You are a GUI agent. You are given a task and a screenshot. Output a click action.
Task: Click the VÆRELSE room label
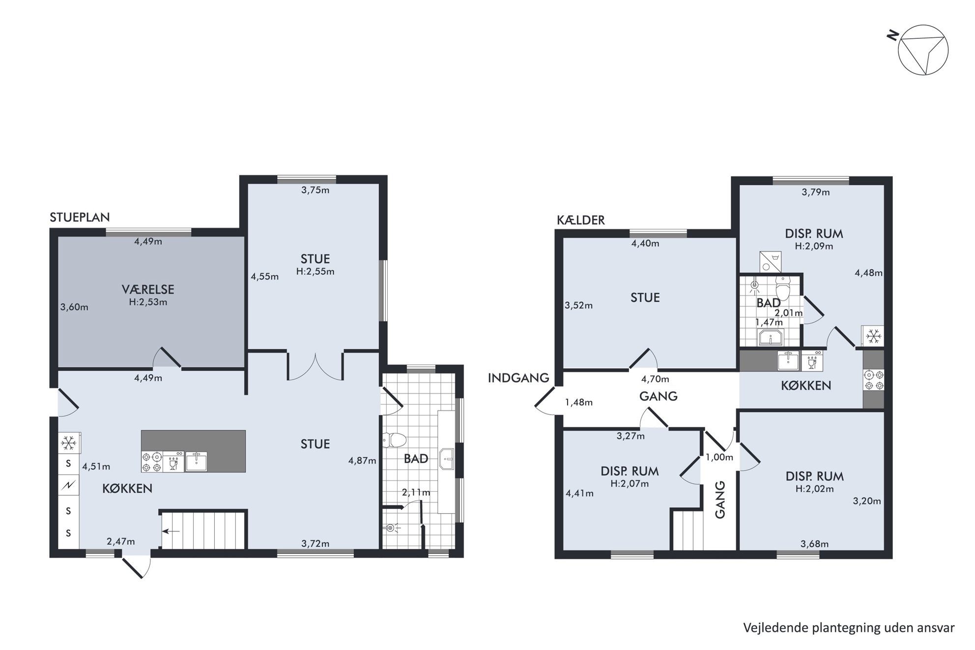[148, 289]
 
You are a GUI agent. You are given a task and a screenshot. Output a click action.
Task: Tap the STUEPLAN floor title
[80, 217]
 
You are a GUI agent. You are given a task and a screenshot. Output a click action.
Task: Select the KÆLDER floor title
[581, 220]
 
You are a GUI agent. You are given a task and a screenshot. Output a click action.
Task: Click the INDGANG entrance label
[518, 378]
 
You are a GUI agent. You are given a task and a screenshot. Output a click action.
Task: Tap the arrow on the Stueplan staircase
[171, 531]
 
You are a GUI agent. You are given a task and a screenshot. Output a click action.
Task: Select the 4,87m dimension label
[362, 460]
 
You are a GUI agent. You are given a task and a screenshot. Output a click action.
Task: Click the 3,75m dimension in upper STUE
[315, 190]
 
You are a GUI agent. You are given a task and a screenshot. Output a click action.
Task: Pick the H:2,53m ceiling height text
[148, 302]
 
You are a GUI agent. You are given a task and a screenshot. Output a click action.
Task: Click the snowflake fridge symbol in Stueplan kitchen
[69, 444]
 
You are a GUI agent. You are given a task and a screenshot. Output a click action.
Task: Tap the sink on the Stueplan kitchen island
[196, 461]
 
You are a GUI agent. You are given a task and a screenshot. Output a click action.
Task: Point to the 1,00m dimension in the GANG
[719, 457]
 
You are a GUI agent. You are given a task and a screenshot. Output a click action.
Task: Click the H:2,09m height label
[814, 246]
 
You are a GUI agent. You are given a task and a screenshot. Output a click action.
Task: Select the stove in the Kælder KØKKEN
[873, 380]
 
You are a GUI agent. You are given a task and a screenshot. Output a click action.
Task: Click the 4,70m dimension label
[655, 379]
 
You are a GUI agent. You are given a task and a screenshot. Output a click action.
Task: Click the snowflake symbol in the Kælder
[873, 337]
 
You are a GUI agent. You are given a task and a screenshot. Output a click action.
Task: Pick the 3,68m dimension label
[814, 544]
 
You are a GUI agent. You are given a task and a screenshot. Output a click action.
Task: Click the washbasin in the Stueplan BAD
[447, 459]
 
